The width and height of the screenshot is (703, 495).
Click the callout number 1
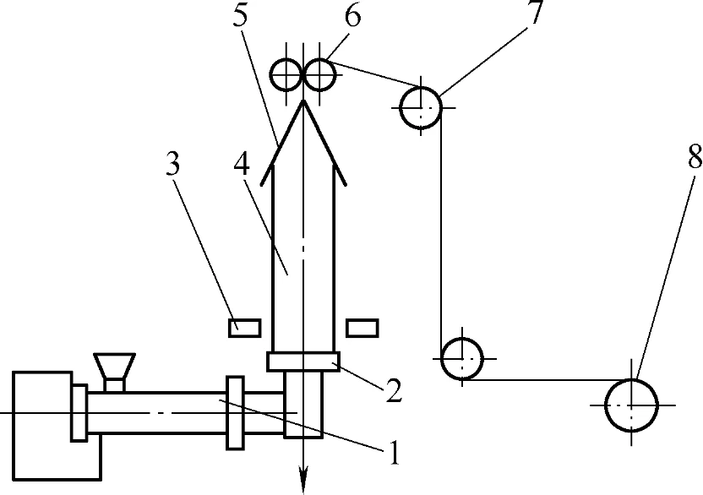point(394,452)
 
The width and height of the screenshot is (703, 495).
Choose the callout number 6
point(353,16)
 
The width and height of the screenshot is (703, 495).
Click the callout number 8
point(695,156)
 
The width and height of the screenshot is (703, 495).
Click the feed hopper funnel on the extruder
point(114,366)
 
